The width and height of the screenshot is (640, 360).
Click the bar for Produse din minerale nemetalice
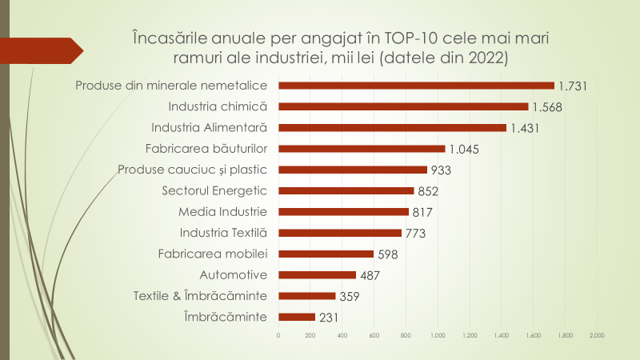(x=416, y=86)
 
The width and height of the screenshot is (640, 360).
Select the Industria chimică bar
(x=403, y=106)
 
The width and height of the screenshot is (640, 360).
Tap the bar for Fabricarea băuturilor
(x=362, y=148)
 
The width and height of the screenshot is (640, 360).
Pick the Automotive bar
(x=317, y=274)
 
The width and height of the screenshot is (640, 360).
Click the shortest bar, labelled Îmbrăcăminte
(x=297, y=317)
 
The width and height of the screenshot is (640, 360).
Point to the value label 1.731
(x=574, y=86)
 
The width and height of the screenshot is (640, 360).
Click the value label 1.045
(x=463, y=149)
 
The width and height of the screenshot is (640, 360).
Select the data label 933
(x=441, y=170)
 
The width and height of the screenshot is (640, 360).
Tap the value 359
(x=349, y=296)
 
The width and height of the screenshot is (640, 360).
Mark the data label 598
(x=387, y=254)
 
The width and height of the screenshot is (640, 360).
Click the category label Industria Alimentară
(x=209, y=127)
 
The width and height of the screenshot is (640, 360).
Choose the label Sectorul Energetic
(x=214, y=190)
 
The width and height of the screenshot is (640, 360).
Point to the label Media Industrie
(x=222, y=211)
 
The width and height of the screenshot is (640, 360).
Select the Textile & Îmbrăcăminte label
(x=200, y=296)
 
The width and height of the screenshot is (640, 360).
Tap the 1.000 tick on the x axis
(x=438, y=335)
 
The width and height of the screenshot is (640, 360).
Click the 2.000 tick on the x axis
(x=597, y=335)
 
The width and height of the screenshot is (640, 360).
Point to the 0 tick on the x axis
(x=278, y=335)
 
